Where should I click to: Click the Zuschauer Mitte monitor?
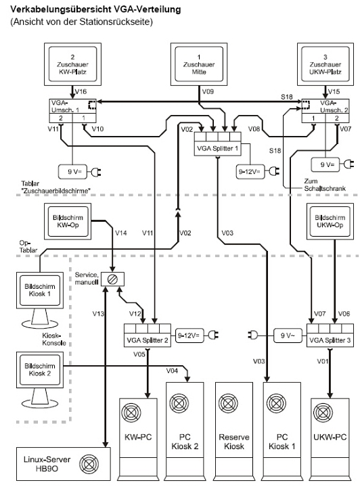pyautogui.click(x=199, y=64)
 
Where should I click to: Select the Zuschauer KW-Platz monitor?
pyautogui.click(x=72, y=64)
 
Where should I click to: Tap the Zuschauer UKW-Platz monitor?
pyautogui.click(x=325, y=64)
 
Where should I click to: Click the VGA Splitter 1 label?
pyautogui.click(x=217, y=148)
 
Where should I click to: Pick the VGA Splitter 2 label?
pyautogui.click(x=148, y=340)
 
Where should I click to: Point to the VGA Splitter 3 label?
pyautogui.click(x=330, y=340)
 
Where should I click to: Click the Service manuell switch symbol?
pyautogui.click(x=112, y=279)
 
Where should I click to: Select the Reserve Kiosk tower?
pyautogui.click(x=234, y=431)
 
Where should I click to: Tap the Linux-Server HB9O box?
pyautogui.click(x=63, y=464)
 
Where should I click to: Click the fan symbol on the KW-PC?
pyautogui.click(x=131, y=413)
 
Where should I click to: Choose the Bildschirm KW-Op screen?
pyautogui.click(x=68, y=221)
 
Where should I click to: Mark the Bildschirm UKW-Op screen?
pyautogui.click(x=330, y=221)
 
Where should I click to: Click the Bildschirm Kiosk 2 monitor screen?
pyautogui.click(x=40, y=369)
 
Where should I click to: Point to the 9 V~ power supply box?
pyautogui.click(x=288, y=335)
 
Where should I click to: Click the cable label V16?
pyautogui.click(x=81, y=91)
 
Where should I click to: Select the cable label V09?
pyautogui.click(x=208, y=91)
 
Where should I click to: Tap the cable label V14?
pyautogui.click(x=121, y=233)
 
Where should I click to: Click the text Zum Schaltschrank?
pyautogui.click(x=325, y=185)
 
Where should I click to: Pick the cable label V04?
pyautogui.click(x=172, y=371)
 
